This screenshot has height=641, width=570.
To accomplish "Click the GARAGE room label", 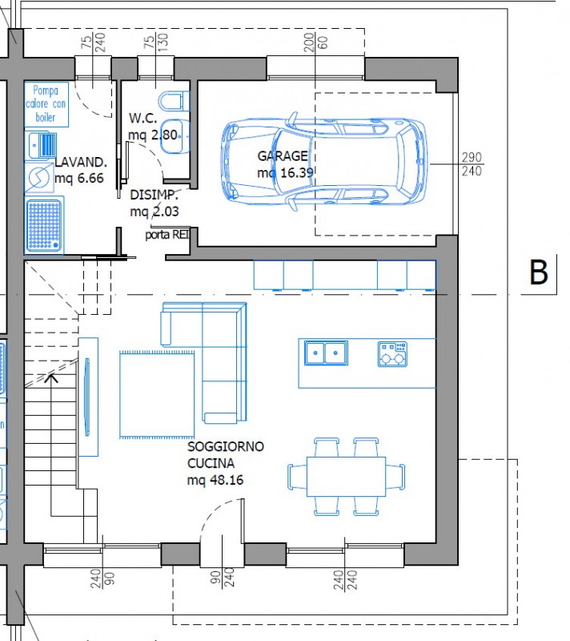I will click(282, 156).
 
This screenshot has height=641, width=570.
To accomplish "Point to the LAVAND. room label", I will click(81, 163).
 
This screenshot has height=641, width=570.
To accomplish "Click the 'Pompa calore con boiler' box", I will click(46, 104).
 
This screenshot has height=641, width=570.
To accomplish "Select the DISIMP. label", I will click(154, 195).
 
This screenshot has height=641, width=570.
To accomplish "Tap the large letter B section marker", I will click(539, 273).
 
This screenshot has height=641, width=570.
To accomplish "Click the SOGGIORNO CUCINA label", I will click(225, 454).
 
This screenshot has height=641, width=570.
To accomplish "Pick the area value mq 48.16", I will click(215, 480).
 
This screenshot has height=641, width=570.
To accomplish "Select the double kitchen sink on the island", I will click(325, 352).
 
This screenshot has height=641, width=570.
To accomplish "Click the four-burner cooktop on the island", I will click(392, 353).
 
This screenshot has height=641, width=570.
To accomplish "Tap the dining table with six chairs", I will click(344, 476).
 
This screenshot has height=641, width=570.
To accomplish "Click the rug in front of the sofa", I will click(158, 394).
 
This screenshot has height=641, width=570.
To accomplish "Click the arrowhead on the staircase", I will click(52, 377).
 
